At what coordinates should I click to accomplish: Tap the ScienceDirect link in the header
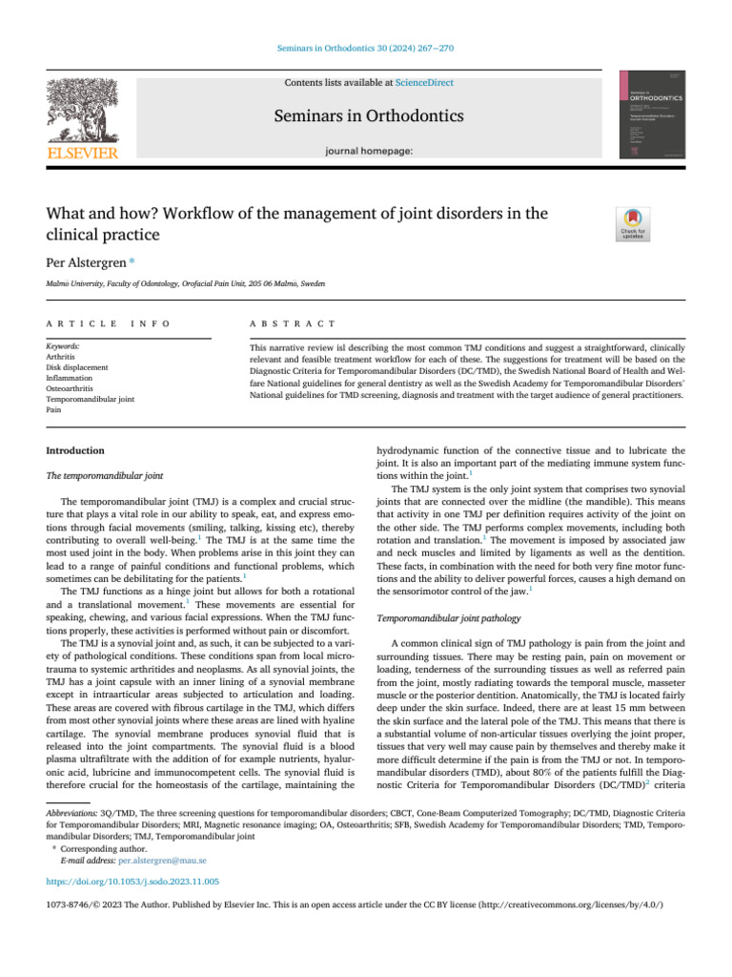[x=426, y=83]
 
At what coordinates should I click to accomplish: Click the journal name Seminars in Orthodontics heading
[x=369, y=116]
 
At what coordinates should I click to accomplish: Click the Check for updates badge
[x=633, y=222]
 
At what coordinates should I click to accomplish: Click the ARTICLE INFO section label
[x=107, y=324]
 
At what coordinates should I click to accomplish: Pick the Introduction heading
[x=75, y=450]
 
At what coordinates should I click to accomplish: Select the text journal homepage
[x=369, y=151]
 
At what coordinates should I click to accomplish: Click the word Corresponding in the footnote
[x=85, y=847]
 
